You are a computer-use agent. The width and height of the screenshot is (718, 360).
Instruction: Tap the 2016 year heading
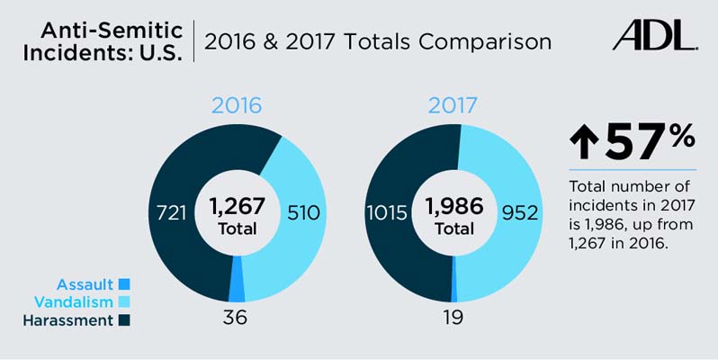(237, 105)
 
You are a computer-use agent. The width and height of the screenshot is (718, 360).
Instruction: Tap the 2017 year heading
(453, 105)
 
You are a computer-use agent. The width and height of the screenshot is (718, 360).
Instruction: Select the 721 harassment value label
(170, 213)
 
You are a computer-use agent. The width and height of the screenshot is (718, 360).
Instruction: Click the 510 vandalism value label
(301, 213)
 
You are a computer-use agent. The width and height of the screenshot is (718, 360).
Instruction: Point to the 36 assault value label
(234, 318)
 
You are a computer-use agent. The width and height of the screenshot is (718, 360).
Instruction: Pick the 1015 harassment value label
(387, 213)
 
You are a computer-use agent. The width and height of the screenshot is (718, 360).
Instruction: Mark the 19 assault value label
(453, 318)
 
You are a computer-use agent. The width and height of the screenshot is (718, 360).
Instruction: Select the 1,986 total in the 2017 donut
(453, 205)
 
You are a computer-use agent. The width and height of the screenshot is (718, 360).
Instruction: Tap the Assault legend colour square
(124, 284)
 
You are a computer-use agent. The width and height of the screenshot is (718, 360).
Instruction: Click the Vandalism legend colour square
(124, 301)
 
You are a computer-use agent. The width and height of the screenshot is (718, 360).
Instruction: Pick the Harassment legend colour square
(124, 319)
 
